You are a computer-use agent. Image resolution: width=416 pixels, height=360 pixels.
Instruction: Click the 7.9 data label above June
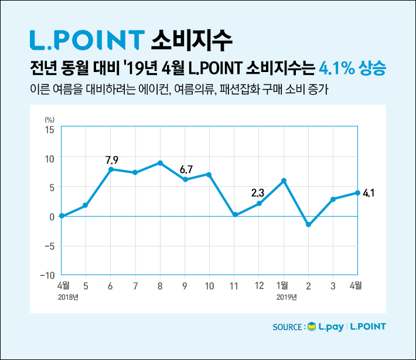coord(111,159)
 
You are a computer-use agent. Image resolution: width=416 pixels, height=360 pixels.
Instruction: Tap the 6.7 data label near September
coord(186,170)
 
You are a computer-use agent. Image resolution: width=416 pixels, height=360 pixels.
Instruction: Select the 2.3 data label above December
coord(258,192)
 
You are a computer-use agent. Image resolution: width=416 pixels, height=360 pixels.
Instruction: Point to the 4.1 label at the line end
coord(369,193)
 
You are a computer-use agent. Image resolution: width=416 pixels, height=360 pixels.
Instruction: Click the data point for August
coord(160,163)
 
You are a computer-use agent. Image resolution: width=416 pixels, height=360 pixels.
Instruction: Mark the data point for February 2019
coord(308,225)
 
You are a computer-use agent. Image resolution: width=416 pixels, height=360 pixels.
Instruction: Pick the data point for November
coord(234,215)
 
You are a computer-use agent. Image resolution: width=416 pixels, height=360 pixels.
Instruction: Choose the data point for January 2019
coord(284,181)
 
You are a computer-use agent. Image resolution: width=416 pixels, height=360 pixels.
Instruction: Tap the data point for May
coord(86,205)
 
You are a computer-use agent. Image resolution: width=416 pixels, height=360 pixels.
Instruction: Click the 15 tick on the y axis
coord(50,129)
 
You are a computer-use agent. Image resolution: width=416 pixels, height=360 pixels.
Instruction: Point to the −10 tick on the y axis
coord(47,275)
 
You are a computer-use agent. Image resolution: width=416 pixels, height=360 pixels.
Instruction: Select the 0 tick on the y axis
coord(52,217)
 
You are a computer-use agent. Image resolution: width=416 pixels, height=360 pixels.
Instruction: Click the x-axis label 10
coord(209,286)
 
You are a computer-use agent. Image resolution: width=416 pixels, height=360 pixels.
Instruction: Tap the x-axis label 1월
coord(283,286)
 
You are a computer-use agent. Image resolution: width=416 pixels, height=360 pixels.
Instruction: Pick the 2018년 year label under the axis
coord(68,297)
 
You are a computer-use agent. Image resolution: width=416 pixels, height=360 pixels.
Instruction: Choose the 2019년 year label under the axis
coord(287,297)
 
